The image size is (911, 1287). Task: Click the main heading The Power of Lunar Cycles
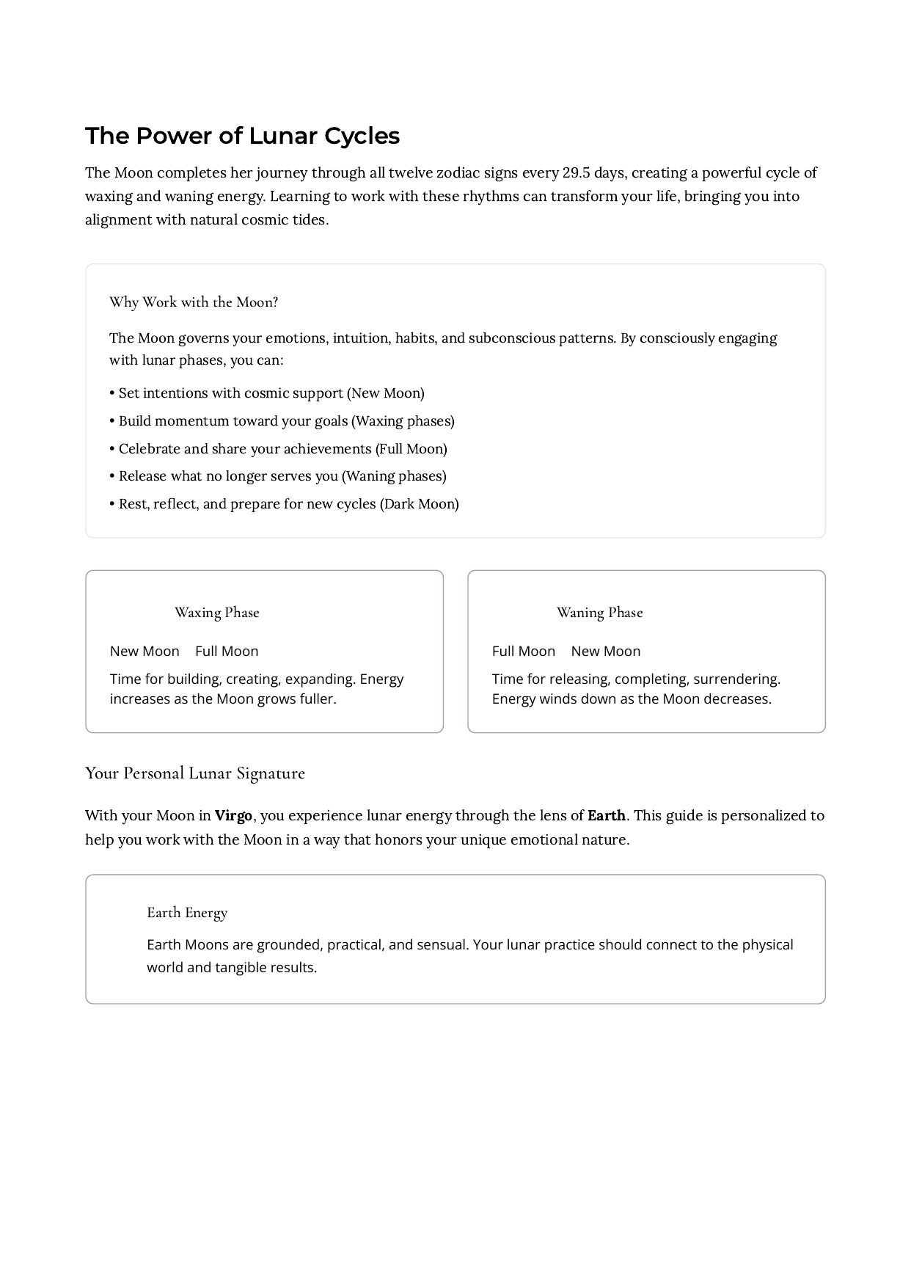pyautogui.click(x=242, y=136)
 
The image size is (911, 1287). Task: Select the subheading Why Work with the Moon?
pyautogui.click(x=194, y=302)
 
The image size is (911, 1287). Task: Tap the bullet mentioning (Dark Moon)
pyautogui.click(x=285, y=504)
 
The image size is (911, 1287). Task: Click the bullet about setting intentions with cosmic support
pyautogui.click(x=268, y=393)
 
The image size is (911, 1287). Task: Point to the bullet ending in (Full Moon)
pyautogui.click(x=279, y=449)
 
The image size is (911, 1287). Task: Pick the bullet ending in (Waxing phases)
pyautogui.click(x=282, y=421)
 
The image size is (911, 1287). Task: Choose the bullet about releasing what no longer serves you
pyautogui.click(x=279, y=476)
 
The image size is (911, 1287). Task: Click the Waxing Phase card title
pyautogui.click(x=217, y=613)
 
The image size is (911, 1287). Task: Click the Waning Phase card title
pyautogui.click(x=599, y=613)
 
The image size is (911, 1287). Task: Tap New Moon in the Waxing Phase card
pyautogui.click(x=144, y=652)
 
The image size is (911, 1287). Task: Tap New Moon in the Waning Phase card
pyautogui.click(x=606, y=652)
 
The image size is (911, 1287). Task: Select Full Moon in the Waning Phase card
pyautogui.click(x=524, y=652)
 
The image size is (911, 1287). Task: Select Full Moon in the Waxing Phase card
pyautogui.click(x=227, y=652)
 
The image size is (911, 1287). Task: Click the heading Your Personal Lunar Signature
pyautogui.click(x=195, y=773)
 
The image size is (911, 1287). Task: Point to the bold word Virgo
pyautogui.click(x=233, y=816)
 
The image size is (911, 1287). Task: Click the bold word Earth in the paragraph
pyautogui.click(x=607, y=816)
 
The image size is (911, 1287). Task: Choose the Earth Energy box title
pyautogui.click(x=187, y=913)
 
